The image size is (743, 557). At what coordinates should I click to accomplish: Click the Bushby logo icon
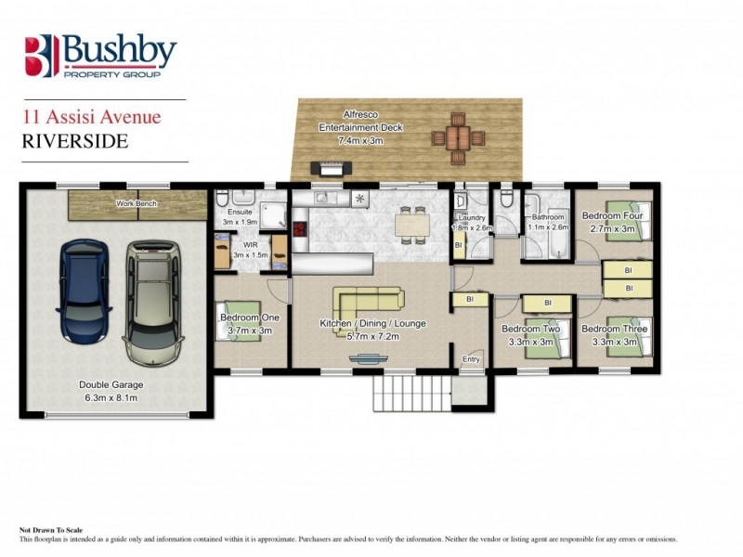click(x=43, y=56)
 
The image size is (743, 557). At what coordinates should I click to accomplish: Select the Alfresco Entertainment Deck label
click(x=349, y=126)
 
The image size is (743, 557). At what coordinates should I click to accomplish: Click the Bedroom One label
click(x=246, y=317)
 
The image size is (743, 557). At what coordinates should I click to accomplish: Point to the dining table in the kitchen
click(x=411, y=223)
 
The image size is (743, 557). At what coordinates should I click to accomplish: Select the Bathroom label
click(x=546, y=217)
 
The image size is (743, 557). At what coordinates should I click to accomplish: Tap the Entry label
click(x=472, y=358)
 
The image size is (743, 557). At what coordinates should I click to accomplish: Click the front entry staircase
click(x=409, y=393)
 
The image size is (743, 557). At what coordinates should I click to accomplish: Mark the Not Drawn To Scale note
click(x=58, y=530)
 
